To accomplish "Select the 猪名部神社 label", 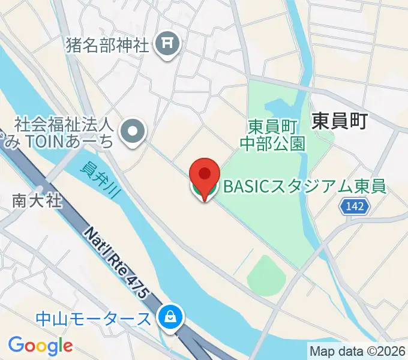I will click(108, 46).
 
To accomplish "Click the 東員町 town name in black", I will click(339, 122).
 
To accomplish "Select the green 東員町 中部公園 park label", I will click(273, 135).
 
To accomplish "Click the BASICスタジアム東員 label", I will click(304, 187).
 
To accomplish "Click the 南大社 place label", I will click(37, 201).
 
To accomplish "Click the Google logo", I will click(40, 345).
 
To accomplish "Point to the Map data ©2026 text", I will click(357, 350).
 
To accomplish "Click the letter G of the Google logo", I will click(16, 345).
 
